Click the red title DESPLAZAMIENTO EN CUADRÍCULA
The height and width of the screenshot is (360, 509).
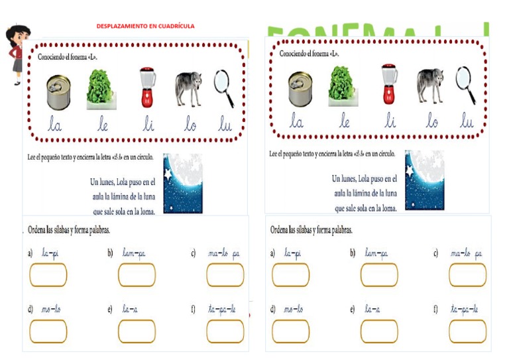145,26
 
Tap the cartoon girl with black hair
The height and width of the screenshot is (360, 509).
17,54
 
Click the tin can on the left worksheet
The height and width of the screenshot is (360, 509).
58,91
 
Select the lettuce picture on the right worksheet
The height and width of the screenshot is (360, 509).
344,87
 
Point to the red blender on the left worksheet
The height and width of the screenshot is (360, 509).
146,88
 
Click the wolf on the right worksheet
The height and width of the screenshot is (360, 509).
430,86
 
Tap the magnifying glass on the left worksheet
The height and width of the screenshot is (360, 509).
224,88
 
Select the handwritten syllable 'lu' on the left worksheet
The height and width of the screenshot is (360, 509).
225,125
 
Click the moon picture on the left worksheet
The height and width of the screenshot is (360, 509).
182,184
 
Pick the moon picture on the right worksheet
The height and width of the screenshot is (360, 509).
424,180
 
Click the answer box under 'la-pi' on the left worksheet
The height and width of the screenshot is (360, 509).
48,275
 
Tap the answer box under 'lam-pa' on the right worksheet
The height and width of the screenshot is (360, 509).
379,275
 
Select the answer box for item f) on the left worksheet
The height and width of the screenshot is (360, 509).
225,331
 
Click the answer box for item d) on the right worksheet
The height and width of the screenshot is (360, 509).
290,331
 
